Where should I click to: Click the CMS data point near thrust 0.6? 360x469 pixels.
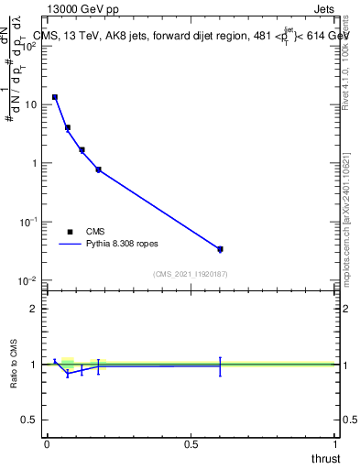click(220, 248)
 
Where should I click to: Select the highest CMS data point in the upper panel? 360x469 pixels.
click(55, 97)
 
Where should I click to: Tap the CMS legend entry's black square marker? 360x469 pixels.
click(70, 232)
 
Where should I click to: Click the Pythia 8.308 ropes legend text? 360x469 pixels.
click(123, 245)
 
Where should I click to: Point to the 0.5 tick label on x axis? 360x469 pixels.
click(191, 443)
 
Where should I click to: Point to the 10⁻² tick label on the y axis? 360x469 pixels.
click(27, 280)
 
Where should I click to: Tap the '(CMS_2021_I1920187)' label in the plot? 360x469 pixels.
click(190, 273)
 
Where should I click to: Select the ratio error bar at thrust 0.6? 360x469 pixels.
click(220, 366)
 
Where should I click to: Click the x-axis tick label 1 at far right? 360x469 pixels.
click(335, 443)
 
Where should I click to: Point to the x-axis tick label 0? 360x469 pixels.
click(47, 443)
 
